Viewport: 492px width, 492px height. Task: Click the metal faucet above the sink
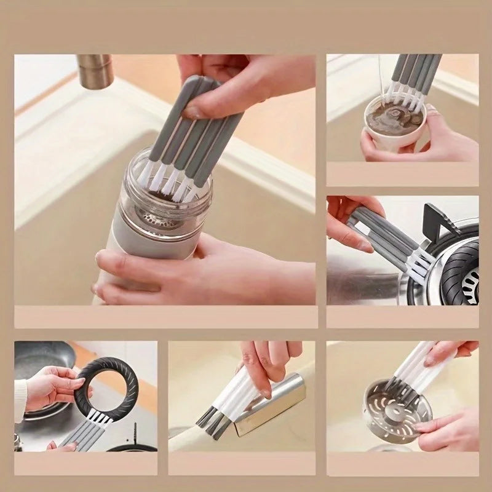pyautogui.click(x=95, y=70)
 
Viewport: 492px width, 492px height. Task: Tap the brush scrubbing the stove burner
pyautogui.click(x=394, y=240)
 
